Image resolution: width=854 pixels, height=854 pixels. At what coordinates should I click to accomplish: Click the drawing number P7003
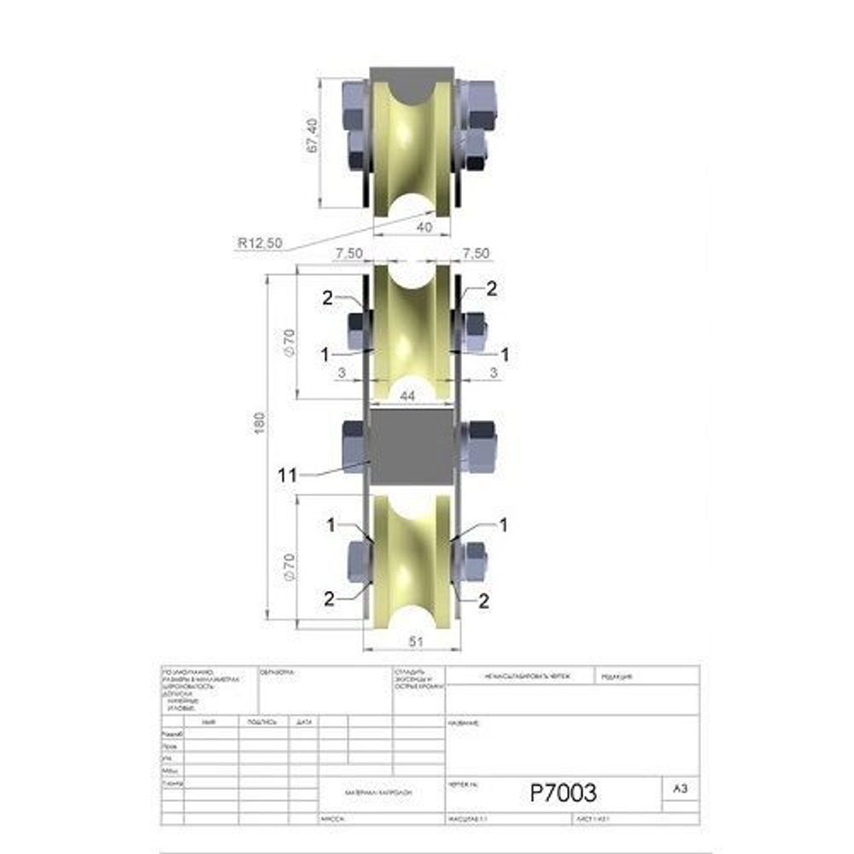coord(563,793)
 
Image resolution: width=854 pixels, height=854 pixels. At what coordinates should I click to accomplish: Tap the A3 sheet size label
coord(680,790)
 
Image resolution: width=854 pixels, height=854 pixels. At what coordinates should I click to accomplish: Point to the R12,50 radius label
coord(260,243)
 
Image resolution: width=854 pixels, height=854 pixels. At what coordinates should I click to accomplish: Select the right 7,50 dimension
coord(475,254)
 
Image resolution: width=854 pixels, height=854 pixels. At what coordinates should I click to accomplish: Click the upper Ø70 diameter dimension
coord(290,341)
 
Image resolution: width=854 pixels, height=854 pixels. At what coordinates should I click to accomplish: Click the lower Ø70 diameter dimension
coord(290,566)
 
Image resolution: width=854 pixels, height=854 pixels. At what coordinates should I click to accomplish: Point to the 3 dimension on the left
coord(341,372)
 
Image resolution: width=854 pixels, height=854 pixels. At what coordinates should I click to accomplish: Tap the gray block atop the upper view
coord(411,81)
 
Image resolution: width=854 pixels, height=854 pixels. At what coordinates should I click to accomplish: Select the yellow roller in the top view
coord(411,149)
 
